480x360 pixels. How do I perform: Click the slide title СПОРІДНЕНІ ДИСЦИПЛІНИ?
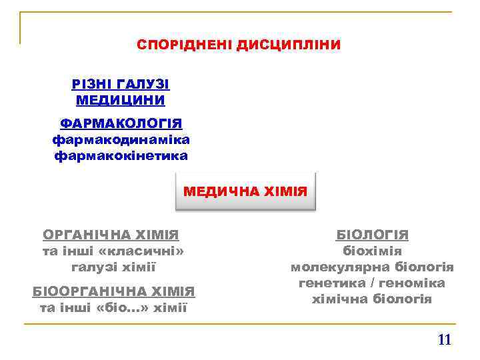coord(239,45)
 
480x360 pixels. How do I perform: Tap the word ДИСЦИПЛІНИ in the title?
coord(288,45)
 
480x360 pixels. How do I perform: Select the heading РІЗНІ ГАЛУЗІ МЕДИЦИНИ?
coord(121,92)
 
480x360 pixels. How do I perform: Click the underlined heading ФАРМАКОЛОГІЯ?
coord(121,124)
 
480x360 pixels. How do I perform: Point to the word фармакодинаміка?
coord(121,139)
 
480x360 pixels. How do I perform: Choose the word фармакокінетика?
coord(121,155)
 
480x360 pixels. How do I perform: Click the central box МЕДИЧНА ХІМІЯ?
coord(245,191)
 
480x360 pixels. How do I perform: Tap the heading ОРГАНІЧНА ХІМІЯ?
coord(111,235)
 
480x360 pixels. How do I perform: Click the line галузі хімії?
coord(113,267)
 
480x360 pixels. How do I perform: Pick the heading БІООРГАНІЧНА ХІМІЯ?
coord(113,291)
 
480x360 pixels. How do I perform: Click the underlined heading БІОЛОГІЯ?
coord(372,235)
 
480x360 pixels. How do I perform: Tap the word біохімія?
coord(372,251)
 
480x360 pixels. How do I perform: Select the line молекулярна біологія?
coord(372,267)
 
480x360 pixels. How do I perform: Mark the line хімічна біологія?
coord(372,299)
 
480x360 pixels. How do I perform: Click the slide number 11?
coord(445,340)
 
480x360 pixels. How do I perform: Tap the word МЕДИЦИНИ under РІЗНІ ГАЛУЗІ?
coord(121,100)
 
